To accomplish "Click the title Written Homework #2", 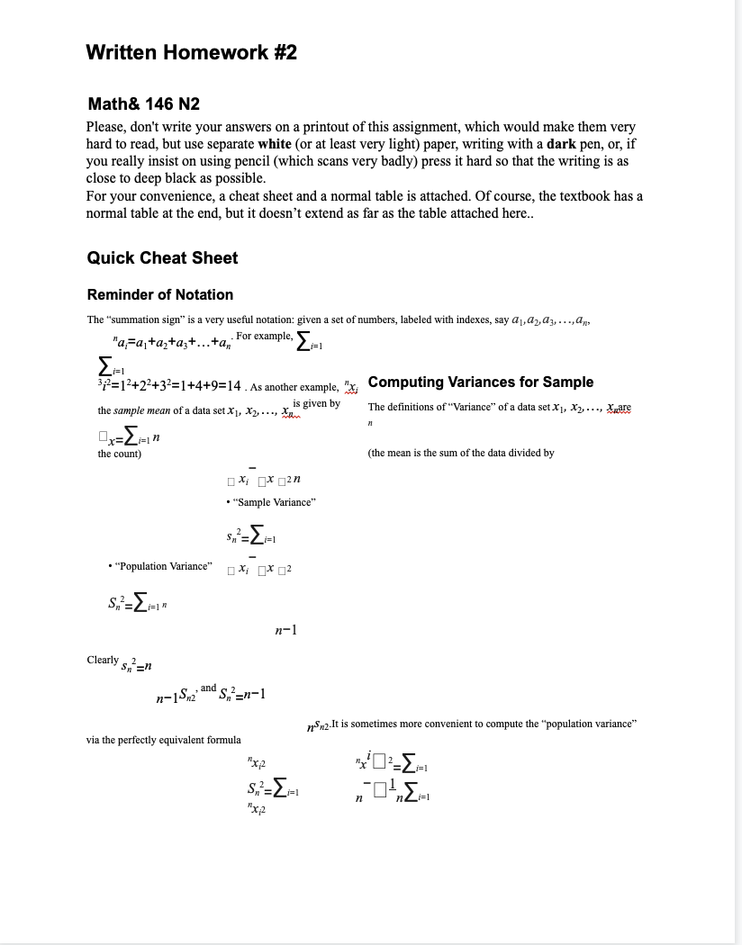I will click(191, 53).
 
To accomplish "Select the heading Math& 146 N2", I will click(144, 104).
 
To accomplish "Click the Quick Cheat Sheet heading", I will click(162, 258).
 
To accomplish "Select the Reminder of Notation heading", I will click(159, 295).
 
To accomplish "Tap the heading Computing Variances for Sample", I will click(481, 382).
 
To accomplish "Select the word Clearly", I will click(103, 660).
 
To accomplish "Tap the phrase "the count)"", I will click(119, 454).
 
